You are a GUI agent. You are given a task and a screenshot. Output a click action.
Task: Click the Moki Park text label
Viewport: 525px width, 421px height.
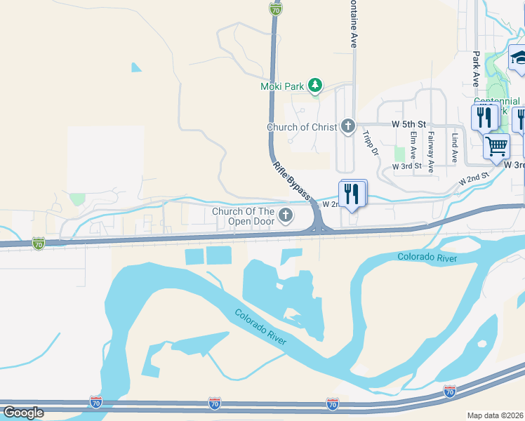pos(282,86)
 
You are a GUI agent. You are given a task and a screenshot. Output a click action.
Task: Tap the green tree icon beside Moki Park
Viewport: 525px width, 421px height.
pos(315,86)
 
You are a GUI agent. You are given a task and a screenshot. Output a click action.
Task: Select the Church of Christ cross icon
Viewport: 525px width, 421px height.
pos(347,127)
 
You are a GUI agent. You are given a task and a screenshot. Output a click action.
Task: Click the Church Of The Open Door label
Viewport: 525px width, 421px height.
pos(244,218)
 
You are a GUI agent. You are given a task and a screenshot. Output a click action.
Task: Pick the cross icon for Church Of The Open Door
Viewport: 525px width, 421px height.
pos(285,217)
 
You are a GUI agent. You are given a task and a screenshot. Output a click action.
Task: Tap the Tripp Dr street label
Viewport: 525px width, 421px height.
pos(371,142)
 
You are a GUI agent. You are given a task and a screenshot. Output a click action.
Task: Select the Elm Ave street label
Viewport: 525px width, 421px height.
pos(414,145)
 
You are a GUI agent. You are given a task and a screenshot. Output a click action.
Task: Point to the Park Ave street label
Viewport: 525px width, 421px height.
pos(476,69)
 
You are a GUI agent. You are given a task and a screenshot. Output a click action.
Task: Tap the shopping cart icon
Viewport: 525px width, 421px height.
pos(496,147)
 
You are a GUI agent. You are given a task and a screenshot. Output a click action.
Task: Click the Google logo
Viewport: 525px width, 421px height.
pos(23,413)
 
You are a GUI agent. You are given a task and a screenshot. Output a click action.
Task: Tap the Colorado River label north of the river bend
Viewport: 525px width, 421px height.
pos(427,258)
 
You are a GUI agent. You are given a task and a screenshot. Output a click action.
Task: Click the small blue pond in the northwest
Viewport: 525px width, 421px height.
pos(135,68)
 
